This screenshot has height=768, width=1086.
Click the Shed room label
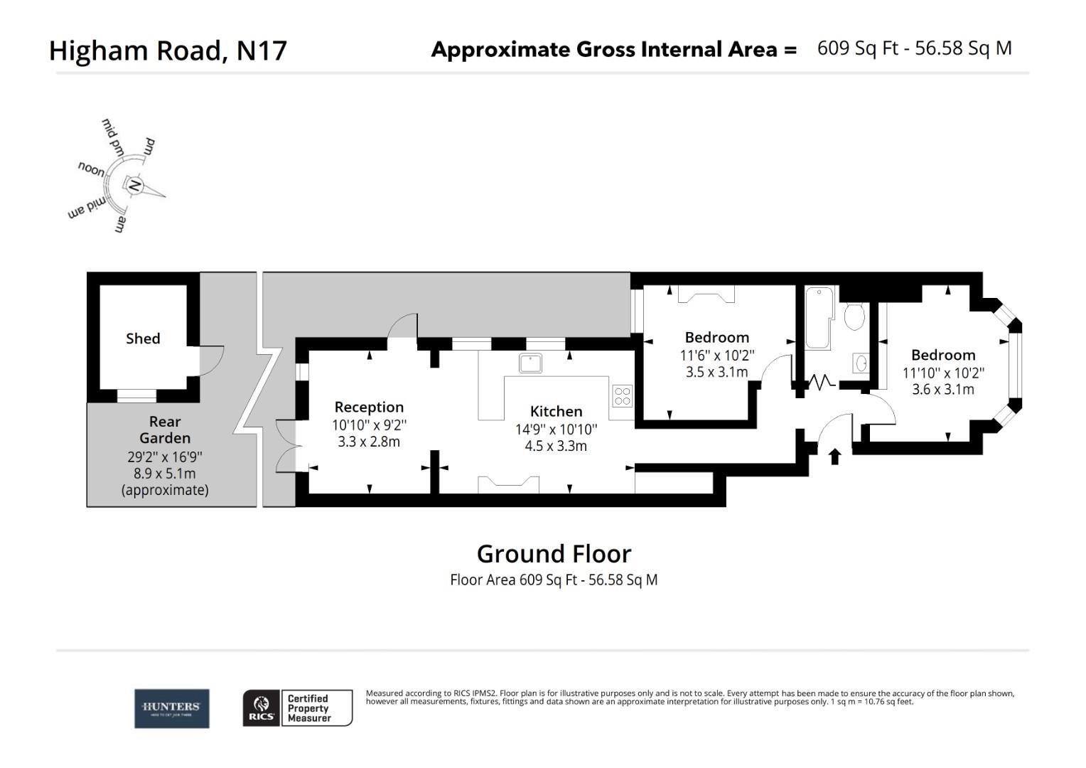coord(143,338)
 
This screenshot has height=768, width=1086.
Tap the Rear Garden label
coord(165,430)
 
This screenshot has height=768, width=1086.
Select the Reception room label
coord(369,407)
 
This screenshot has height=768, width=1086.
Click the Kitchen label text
coord(556,411)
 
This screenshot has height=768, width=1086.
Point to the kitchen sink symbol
coord(530,363)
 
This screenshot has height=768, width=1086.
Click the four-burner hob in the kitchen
coord(622,395)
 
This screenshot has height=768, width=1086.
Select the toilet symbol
coord(854,315)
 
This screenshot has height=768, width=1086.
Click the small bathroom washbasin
coord(861,363)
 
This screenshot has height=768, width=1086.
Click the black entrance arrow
coord(835,456)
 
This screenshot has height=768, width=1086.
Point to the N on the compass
coord(134,186)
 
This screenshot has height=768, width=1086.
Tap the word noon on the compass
coord(91,169)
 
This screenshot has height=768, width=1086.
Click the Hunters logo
coord(172,708)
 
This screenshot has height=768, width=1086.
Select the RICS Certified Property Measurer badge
coord(298,708)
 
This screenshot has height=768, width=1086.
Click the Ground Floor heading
coord(554,553)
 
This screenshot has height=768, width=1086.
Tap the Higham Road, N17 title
coord(168,50)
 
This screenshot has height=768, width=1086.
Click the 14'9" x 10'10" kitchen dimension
coord(556,429)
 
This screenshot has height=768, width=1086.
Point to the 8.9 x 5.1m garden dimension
coord(165,473)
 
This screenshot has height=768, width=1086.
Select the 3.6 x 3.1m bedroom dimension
coord(943,389)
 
